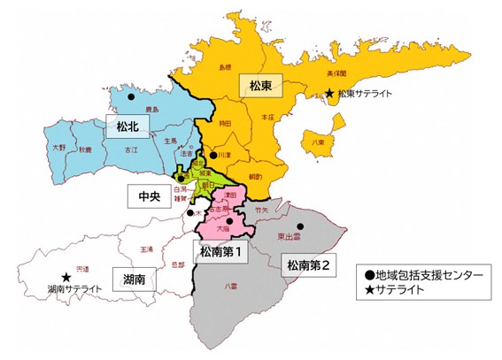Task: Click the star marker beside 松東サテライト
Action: (x=329, y=93)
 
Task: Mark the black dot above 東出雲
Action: (x=300, y=226)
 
